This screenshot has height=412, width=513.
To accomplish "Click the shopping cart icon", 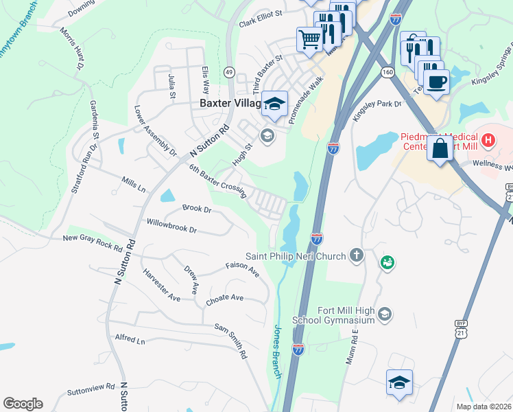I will click(x=309, y=38).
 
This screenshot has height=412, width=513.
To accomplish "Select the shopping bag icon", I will click(x=440, y=148).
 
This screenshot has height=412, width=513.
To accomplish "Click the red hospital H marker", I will click(x=488, y=141).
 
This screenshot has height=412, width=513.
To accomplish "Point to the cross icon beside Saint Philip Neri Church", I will click(x=356, y=256).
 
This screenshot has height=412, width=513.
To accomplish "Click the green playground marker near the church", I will click(x=387, y=262).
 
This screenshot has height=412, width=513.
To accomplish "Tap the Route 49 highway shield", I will click(x=229, y=72).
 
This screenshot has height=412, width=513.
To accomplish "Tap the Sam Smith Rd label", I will click(x=230, y=341).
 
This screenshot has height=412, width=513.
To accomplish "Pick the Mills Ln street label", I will click(x=134, y=183).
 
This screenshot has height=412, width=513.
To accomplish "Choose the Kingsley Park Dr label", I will click(x=376, y=111).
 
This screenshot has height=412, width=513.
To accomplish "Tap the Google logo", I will click(x=23, y=403).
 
